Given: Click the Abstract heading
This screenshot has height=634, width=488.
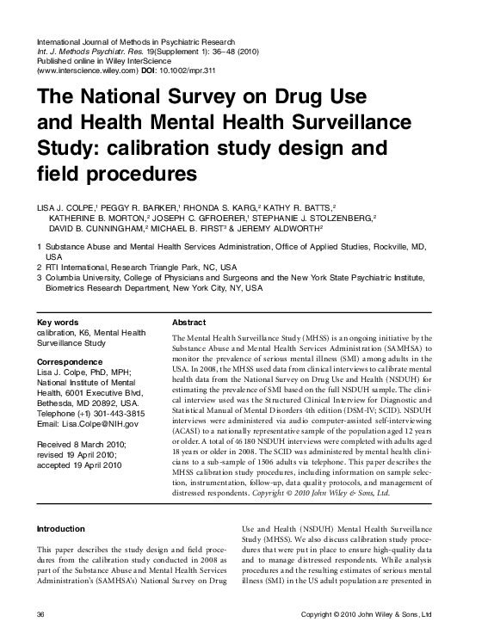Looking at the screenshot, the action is click(x=189, y=322).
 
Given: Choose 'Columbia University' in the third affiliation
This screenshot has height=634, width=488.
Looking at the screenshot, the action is click(x=83, y=279).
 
